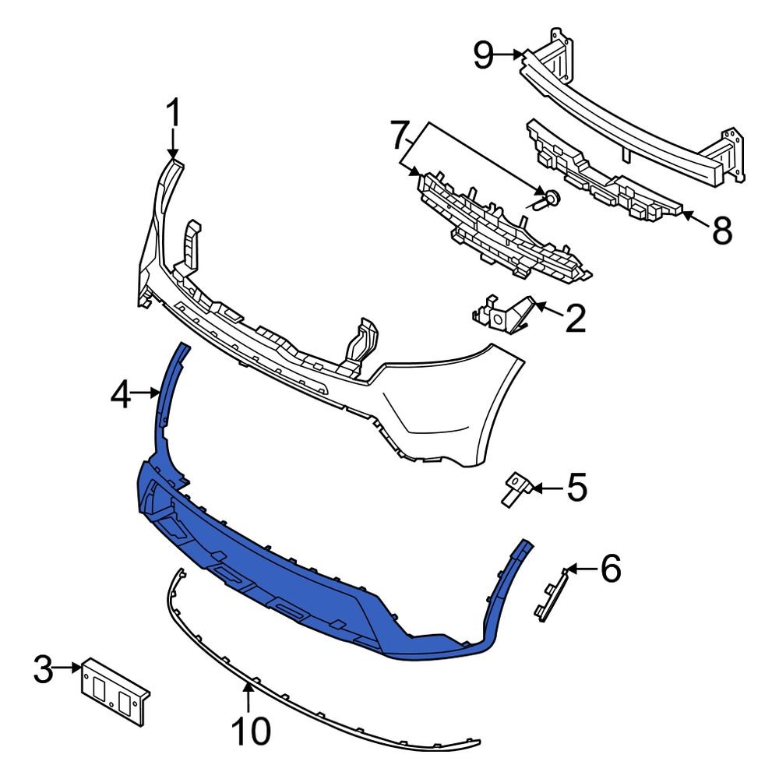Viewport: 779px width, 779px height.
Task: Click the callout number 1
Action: [x=173, y=114]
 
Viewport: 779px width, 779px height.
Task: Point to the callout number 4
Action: [x=121, y=396]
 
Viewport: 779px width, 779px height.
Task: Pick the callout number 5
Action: [x=576, y=489]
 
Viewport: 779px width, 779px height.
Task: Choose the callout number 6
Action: [x=609, y=569]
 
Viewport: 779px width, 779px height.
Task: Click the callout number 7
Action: [x=402, y=138]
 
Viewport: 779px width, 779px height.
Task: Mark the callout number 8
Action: [x=721, y=230]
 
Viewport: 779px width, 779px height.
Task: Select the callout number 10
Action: [x=251, y=731]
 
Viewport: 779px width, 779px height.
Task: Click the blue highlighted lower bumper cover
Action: [x=312, y=576]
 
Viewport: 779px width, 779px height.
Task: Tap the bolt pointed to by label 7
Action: [x=548, y=199]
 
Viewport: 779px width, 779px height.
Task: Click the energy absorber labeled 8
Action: [x=600, y=175]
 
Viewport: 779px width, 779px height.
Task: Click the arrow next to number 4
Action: [x=147, y=394]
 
